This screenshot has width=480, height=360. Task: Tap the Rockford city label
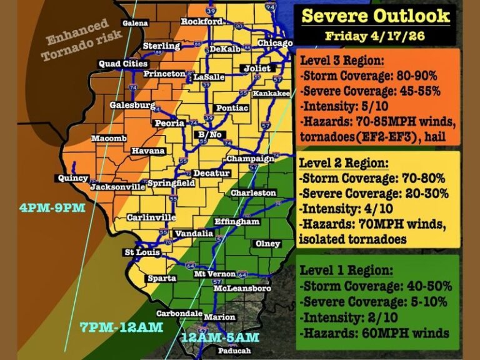(x=201, y=22)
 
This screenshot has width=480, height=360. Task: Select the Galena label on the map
(x=136, y=23)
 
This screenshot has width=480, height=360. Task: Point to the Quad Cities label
(x=123, y=64)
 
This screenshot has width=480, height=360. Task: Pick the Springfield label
(x=171, y=184)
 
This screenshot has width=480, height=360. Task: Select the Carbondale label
(x=179, y=313)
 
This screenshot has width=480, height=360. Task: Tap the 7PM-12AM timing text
(x=121, y=327)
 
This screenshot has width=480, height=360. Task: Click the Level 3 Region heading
(x=342, y=62)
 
